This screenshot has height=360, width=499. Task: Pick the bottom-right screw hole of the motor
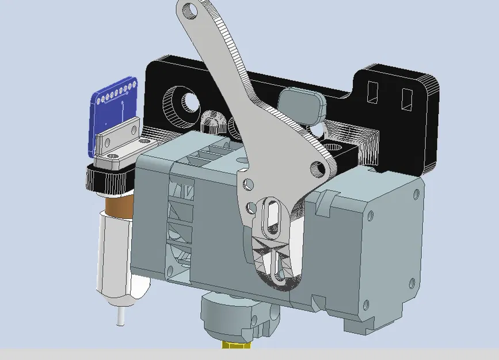410,282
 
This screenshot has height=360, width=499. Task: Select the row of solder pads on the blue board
117,93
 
